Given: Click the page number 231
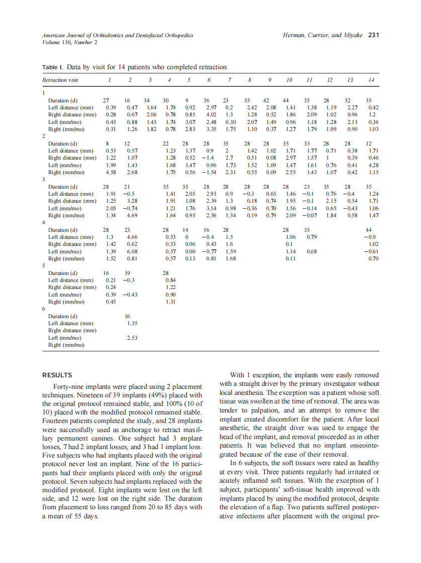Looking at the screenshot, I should coord(373,35).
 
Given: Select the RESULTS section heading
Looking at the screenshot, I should coord(57,375).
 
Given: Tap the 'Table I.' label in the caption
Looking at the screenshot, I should coord(53,67).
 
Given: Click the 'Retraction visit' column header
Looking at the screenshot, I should coord(60,80).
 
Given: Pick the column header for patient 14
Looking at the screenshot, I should coord(371,80).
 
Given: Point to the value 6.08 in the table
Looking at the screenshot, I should coord(132,251).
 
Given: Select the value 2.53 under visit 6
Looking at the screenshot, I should coord(132,338).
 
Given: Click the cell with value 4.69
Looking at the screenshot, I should coord(132,216).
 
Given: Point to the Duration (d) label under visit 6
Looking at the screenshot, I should coord(62,316).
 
